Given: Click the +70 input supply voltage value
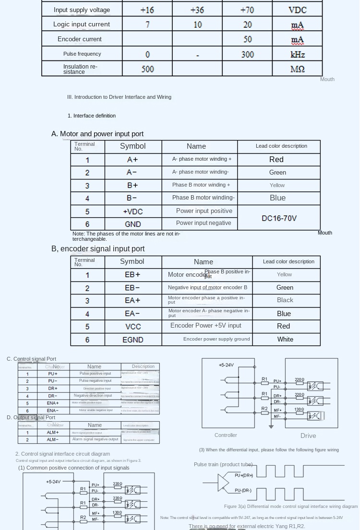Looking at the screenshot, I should (x=247, y=10).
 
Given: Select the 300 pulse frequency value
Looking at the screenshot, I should (x=247, y=54).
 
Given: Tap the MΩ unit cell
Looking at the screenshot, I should (x=298, y=69).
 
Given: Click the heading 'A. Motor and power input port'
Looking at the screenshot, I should (x=97, y=134).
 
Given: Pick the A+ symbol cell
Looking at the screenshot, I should (x=132, y=160).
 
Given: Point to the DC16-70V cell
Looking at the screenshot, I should (x=279, y=218).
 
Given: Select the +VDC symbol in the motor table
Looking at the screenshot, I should (x=133, y=212).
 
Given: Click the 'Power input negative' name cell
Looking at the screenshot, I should (x=204, y=223).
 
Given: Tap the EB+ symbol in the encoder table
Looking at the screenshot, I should (x=132, y=275).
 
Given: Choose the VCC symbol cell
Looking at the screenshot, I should (x=133, y=327).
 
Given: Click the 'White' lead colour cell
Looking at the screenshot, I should (x=285, y=340).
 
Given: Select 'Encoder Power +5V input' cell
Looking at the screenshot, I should (x=206, y=326).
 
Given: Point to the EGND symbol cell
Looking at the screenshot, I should (x=133, y=340).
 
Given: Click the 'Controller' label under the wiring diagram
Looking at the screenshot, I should (x=226, y=436).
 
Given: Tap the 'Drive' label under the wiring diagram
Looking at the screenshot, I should (x=308, y=436).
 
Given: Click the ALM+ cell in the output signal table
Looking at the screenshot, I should (x=53, y=433).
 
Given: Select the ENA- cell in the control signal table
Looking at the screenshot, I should (x=53, y=411).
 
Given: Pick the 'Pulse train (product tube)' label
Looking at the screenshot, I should (x=223, y=464).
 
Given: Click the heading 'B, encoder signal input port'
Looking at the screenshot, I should (x=98, y=249).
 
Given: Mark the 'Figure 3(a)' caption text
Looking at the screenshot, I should (x=290, y=506).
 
